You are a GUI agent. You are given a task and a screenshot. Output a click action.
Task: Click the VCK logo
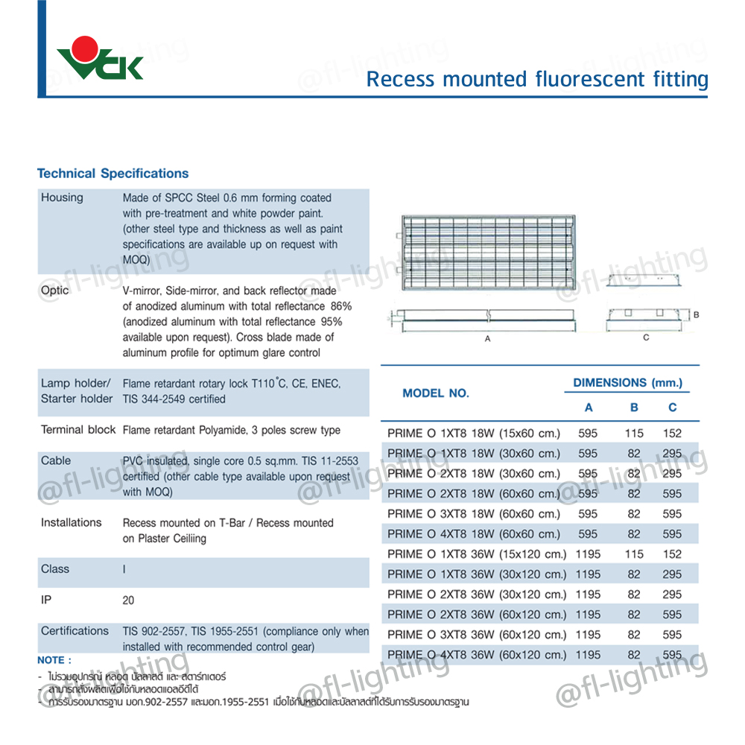coord(100,60)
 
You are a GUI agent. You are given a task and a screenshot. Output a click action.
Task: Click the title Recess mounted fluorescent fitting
coord(536,79)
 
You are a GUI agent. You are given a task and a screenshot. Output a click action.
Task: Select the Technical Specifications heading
coord(112,174)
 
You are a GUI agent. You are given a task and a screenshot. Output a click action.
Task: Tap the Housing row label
coord(62,197)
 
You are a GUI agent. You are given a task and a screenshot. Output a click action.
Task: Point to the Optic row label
coord(55,291)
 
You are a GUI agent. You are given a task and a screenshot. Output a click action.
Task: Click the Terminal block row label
coord(78,430)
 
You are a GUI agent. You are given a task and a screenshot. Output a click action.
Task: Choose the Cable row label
coord(56,460)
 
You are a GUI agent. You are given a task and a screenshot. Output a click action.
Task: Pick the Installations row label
coord(71,522)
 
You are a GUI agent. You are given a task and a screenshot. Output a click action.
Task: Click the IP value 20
coord(129,600)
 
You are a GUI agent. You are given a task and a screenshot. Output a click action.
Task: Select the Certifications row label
coord(74,631)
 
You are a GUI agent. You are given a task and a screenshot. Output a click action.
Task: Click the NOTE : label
coord(54,660)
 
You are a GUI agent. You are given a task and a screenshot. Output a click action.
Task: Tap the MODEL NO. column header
coord(436,393)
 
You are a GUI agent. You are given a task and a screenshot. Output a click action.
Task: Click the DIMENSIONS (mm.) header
coord(627,383)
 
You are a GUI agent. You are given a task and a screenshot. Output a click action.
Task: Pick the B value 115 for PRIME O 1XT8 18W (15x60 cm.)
coord(634,433)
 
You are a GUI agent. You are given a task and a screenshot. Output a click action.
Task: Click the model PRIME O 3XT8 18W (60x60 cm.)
coord(474,514)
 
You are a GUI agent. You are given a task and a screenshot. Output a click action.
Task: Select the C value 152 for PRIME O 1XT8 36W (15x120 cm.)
coord(672,554)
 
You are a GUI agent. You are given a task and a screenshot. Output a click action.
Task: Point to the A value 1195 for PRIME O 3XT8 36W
coord(588,635)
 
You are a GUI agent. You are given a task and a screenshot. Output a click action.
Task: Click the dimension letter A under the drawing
coord(487,338)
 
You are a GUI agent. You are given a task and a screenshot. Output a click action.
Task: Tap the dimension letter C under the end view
coord(646,337)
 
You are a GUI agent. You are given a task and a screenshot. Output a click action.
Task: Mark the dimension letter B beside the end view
coord(696,314)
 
